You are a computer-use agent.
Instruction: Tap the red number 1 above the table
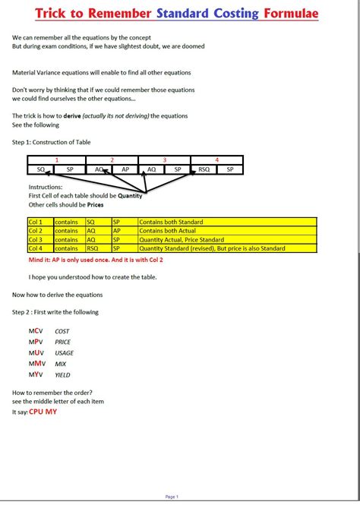click(56, 160)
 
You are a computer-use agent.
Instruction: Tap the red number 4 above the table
click(216, 160)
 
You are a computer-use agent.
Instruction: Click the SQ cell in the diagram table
click(42, 169)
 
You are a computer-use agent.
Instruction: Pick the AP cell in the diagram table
click(125, 169)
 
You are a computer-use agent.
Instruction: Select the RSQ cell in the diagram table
click(203, 169)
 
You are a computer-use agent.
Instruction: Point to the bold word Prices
click(94, 204)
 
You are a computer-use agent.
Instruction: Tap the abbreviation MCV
click(36, 331)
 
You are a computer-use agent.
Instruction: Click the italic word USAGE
click(65, 353)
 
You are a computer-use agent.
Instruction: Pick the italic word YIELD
click(63, 374)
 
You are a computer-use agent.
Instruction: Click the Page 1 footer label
click(172, 497)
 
